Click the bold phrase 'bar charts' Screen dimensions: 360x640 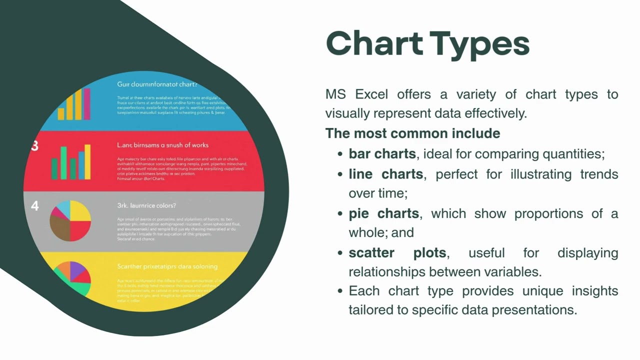coord(382,153)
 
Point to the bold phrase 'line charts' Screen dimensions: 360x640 coord(385,174)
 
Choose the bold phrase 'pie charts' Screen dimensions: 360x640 coord(383,213)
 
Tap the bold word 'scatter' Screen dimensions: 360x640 coord(371,252)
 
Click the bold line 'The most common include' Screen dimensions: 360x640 coord(412,133)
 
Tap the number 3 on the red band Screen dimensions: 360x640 coord(34,146)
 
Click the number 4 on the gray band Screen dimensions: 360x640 coord(34,205)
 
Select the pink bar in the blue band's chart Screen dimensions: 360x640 coord(87,104)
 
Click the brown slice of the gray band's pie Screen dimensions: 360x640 coord(59,227)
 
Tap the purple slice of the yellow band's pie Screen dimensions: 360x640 coord(78,270)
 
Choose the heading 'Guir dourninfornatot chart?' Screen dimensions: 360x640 coord(157,84)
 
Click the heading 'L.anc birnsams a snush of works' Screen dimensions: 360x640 coord(162,145)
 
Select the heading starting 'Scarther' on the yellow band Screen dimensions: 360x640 coord(167,266)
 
